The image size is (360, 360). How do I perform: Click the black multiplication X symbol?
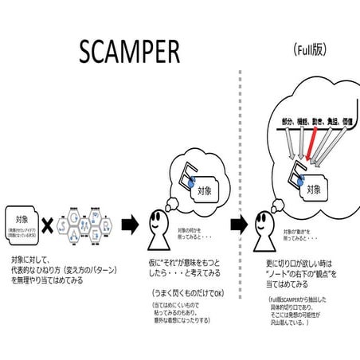(x=47, y=227)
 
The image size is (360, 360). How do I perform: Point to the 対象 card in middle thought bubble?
(x=204, y=192)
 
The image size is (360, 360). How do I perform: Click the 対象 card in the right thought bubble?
(x=313, y=190)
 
